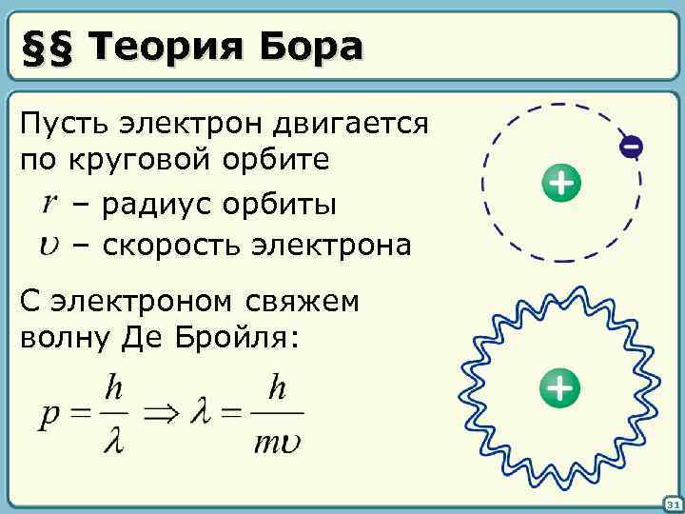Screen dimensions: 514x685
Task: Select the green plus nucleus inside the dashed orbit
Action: (x=561, y=182)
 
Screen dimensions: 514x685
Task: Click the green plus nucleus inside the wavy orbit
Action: (x=559, y=387)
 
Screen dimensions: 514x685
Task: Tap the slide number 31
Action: (x=670, y=504)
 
